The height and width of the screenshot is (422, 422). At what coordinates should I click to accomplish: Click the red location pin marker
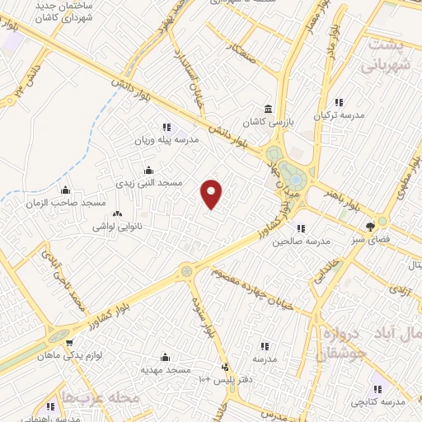[x=212, y=194]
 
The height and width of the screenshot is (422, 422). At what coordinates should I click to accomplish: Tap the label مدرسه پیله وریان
[x=169, y=140]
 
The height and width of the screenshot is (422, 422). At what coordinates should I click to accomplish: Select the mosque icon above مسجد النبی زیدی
[x=148, y=170]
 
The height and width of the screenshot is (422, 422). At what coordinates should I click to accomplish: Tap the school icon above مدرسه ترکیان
[x=338, y=103]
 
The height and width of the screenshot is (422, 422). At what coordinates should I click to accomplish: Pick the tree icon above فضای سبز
[x=382, y=223]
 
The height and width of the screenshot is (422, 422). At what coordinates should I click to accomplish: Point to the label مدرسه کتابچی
[x=378, y=401]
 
